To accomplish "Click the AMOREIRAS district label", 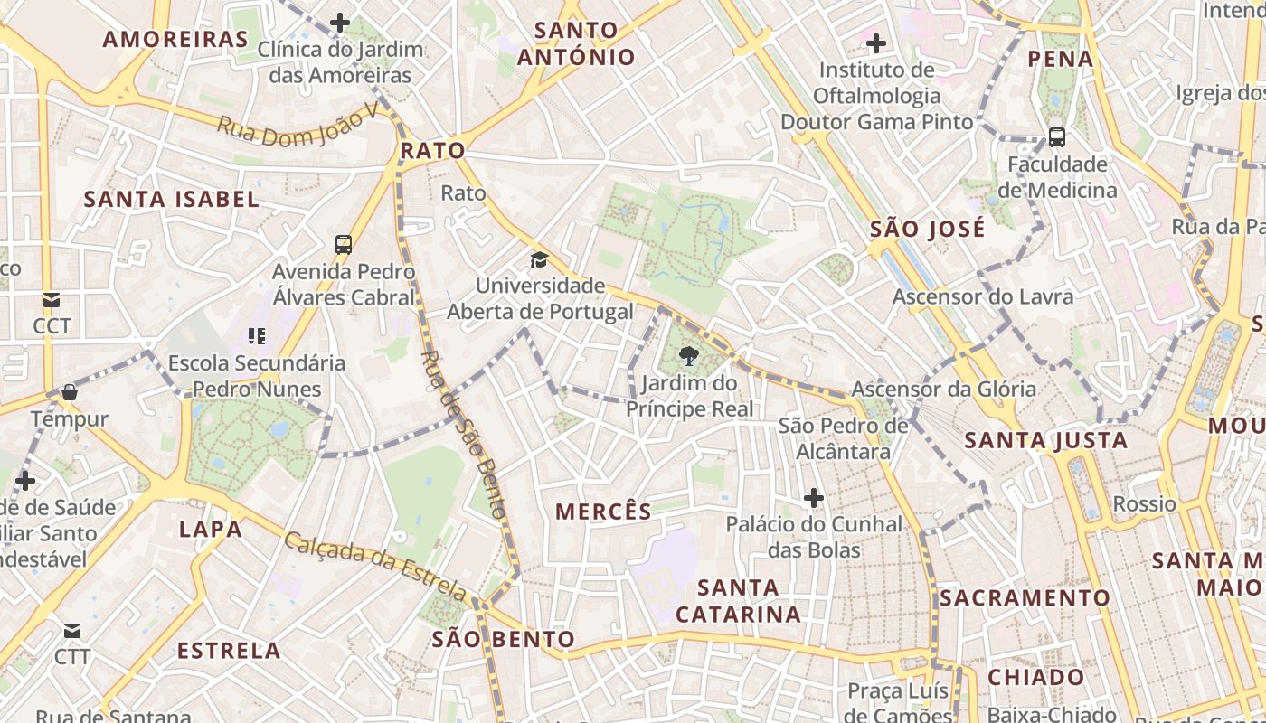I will (x=175, y=39).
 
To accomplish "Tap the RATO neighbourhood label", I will (x=432, y=150).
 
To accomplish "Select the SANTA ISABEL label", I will (x=172, y=199).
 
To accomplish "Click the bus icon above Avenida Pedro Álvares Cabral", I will (x=344, y=244).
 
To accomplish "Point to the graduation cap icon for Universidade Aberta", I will (x=540, y=260).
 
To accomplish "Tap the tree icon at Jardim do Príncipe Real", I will (x=689, y=355).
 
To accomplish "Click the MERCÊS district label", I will (x=604, y=512).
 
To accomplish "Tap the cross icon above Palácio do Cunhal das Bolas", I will (x=814, y=497).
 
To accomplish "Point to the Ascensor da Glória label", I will (x=944, y=390).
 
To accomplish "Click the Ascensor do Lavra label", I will (x=983, y=296).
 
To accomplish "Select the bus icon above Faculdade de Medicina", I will (x=1057, y=137).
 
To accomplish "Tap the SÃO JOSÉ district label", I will (x=928, y=229).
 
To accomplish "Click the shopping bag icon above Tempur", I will (x=69, y=392).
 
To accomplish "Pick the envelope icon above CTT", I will (x=72, y=630).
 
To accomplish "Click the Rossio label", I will (x=1145, y=503).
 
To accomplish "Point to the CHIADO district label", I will (x=1035, y=677).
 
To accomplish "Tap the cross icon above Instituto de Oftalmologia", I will (x=875, y=42).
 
